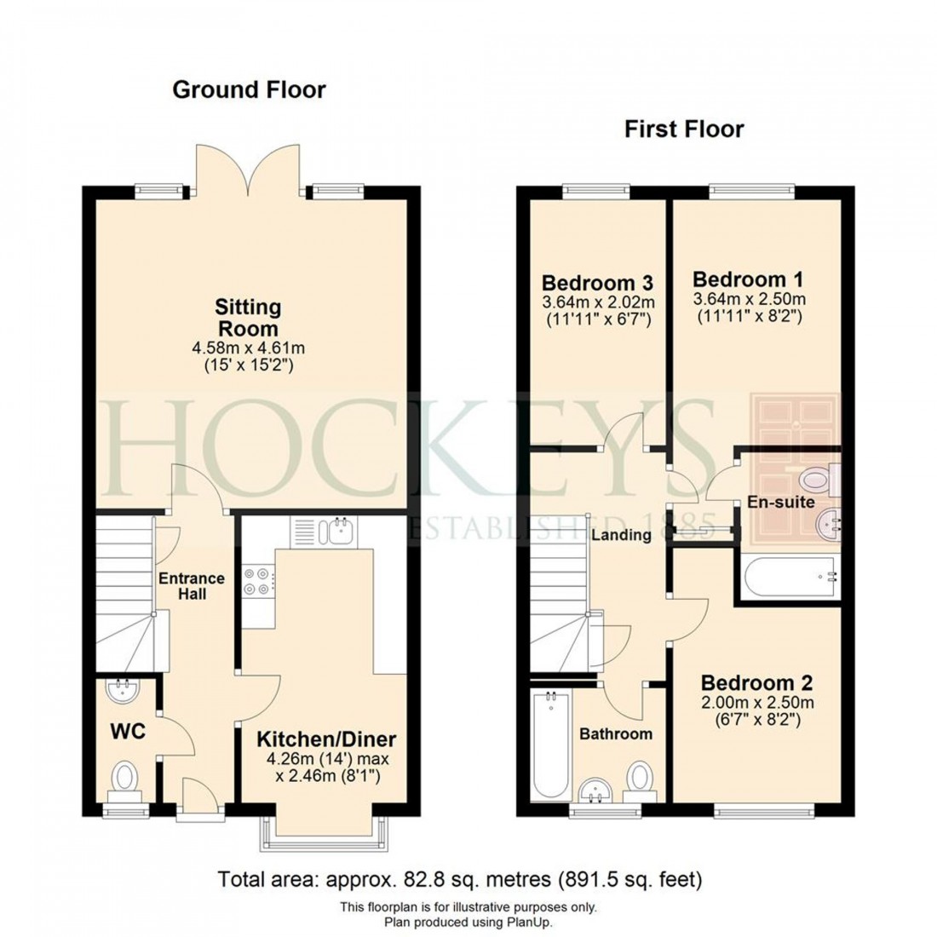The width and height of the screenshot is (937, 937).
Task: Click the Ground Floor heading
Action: pos(249,89)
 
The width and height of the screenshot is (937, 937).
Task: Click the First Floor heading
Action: pos(684,129)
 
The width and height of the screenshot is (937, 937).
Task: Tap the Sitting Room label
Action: pos(247,318)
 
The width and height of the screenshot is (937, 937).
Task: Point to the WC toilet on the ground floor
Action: pos(126,779)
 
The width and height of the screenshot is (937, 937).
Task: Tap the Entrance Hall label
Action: pos(193,586)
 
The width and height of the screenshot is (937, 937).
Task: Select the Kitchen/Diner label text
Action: pos(327,739)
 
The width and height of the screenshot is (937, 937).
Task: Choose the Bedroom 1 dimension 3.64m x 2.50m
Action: pos(749,299)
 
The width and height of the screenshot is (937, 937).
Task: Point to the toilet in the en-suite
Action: pos(819,480)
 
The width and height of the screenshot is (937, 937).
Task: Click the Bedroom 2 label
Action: pos(756,682)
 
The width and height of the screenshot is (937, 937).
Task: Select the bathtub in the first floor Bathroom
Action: pos(549,744)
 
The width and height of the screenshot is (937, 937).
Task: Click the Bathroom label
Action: pos(616,733)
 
